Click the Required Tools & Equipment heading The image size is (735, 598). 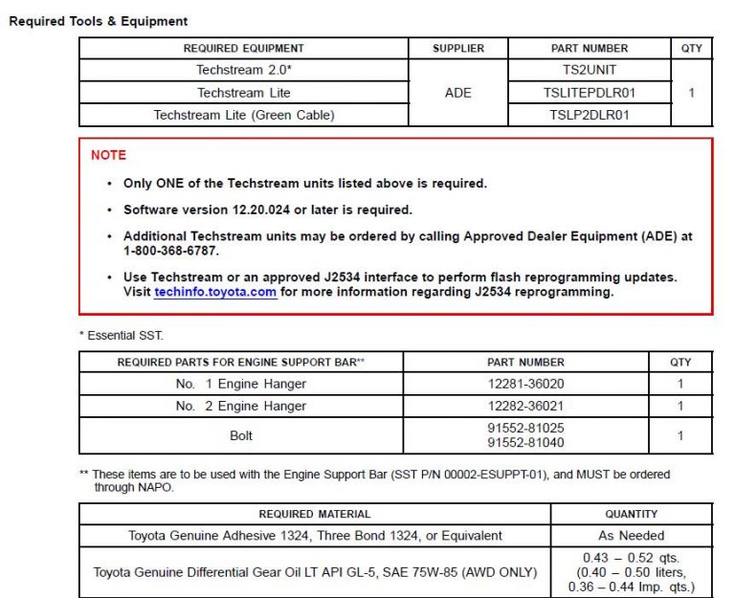(x=99, y=21)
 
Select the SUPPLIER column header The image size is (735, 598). (x=458, y=48)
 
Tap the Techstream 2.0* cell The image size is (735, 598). (x=243, y=70)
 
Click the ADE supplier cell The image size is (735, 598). (x=458, y=93)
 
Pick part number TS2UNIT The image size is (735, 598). (x=590, y=70)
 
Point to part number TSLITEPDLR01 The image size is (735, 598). (x=590, y=93)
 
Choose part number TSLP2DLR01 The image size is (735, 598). (x=590, y=115)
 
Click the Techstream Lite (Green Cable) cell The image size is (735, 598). (x=243, y=115)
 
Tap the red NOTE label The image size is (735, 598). (x=108, y=155)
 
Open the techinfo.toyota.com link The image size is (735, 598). (x=215, y=293)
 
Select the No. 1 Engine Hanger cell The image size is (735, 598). (x=241, y=384)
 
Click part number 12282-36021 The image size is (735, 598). (x=525, y=406)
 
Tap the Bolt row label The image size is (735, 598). (x=241, y=435)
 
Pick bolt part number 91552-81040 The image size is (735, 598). (x=525, y=443)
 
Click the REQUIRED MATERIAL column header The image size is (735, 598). (x=315, y=514)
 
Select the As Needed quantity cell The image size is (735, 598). (x=631, y=536)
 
